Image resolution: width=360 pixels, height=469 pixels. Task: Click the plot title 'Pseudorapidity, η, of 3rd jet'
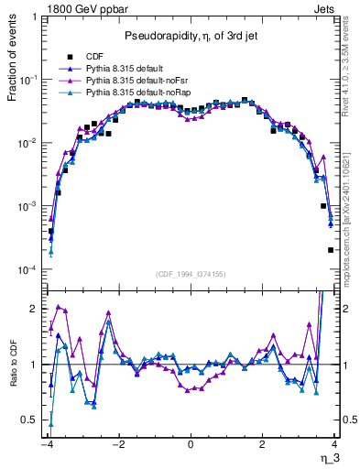coord(191,36)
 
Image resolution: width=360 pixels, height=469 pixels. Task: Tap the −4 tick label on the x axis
coord(45,444)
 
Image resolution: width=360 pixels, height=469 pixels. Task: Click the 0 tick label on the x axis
coord(190,444)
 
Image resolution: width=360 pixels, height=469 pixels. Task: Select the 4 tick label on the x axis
coord(334,444)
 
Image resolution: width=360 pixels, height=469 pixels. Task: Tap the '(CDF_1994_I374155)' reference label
coord(191,274)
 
